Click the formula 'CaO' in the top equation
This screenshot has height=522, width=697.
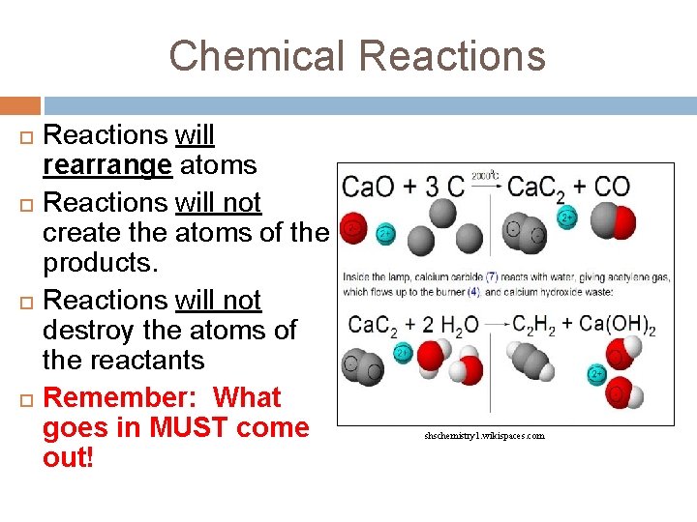tap(369, 186)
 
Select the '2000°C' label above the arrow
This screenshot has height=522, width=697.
tap(485, 176)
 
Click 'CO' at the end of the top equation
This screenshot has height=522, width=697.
tap(611, 186)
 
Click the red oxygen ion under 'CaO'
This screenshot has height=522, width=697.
tap(354, 228)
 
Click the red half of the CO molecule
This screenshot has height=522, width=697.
tap(622, 222)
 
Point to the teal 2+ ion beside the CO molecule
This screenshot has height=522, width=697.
tap(568, 217)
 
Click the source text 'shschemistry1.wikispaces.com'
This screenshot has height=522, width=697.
tap(484, 436)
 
